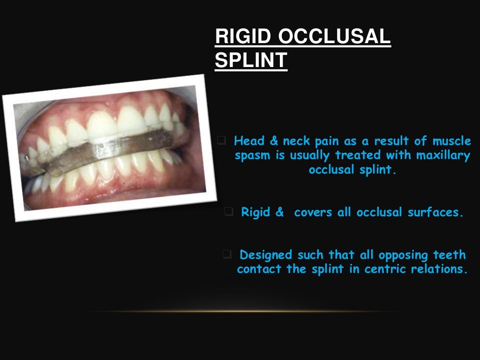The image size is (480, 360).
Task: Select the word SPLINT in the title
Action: click(251, 61)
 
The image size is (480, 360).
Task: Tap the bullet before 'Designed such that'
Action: click(227, 255)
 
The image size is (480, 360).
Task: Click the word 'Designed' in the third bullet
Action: click(266, 255)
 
